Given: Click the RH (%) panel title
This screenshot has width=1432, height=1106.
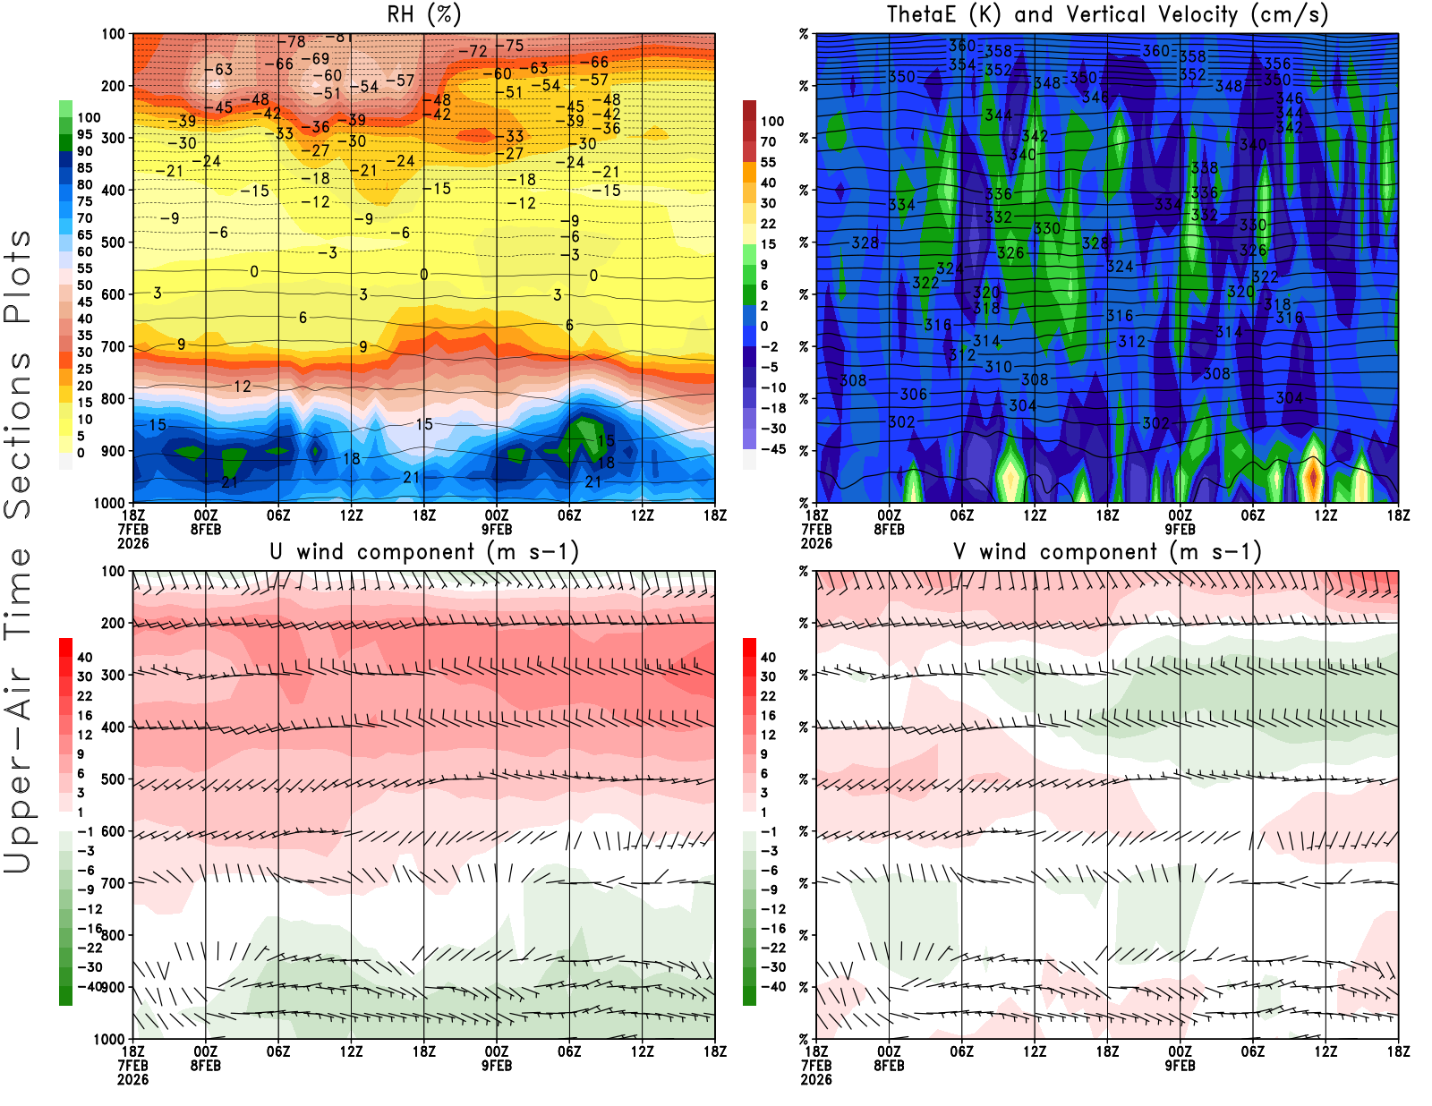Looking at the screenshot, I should click(x=424, y=14).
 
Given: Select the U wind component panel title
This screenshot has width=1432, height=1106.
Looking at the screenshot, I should click(x=424, y=551).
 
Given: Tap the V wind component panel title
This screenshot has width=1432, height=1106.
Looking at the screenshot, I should click(x=1107, y=551).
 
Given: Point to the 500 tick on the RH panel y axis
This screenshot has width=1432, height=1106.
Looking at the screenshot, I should click(x=114, y=242).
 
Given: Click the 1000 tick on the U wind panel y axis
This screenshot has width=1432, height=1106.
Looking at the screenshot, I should click(x=110, y=1039).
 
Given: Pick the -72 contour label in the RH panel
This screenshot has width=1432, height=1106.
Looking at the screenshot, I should click(x=473, y=52).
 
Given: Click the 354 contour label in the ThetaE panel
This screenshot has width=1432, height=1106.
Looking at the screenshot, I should click(x=962, y=64).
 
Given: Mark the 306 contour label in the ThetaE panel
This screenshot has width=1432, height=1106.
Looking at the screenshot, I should click(x=914, y=395).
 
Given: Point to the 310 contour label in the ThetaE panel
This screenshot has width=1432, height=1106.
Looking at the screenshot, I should click(x=998, y=367).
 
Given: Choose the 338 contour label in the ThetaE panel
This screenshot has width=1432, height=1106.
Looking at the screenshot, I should click(x=1205, y=168).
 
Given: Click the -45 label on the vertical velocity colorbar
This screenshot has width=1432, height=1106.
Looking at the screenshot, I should click(x=773, y=449).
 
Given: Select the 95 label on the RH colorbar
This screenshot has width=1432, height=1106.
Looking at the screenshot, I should click(x=85, y=134).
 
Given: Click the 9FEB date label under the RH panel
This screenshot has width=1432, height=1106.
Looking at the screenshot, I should click(x=497, y=529).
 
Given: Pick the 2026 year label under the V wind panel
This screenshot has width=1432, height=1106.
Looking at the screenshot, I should click(x=816, y=1079).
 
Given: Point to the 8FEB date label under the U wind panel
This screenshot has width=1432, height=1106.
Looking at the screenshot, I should click(x=206, y=1066).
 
